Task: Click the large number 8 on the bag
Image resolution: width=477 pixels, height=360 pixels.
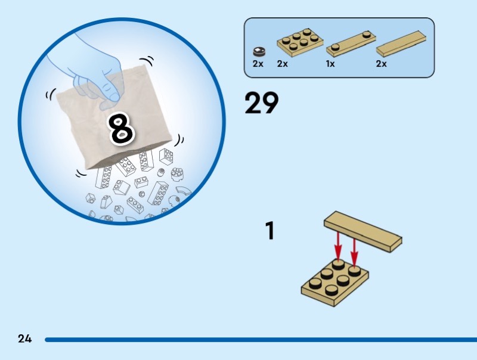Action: click(122, 128)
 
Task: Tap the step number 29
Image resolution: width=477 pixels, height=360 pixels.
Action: click(262, 103)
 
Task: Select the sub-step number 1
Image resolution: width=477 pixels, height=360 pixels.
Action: click(270, 231)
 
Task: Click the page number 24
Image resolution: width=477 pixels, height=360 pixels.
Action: click(24, 339)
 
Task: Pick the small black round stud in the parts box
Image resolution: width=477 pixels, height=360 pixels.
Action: click(259, 51)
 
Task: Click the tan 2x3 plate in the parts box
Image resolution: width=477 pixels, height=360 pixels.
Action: click(300, 42)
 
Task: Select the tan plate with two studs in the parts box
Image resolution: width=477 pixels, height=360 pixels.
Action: click(351, 44)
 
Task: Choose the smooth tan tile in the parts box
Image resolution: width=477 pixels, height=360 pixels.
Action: click(401, 43)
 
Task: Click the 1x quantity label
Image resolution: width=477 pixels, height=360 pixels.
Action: click(330, 64)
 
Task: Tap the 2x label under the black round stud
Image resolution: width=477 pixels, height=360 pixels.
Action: click(258, 64)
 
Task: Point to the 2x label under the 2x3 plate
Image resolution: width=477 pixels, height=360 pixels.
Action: click(282, 64)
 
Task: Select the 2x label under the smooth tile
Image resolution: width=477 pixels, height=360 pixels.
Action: click(382, 64)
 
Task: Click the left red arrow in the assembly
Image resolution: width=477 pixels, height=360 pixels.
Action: click(338, 246)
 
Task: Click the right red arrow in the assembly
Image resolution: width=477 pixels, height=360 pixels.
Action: click(354, 252)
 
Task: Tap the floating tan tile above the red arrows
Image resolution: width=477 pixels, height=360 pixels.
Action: click(363, 232)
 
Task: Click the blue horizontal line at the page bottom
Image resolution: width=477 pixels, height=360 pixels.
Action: click(261, 340)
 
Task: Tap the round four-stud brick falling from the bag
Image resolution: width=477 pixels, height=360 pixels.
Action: click(176, 174)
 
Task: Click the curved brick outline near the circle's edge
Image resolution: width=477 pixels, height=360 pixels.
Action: click(184, 191)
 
